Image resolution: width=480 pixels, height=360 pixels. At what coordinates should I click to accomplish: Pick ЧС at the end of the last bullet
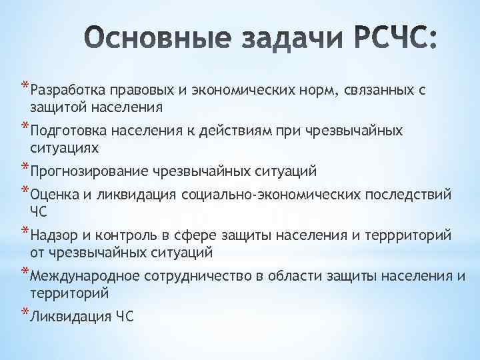point(124,317)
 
